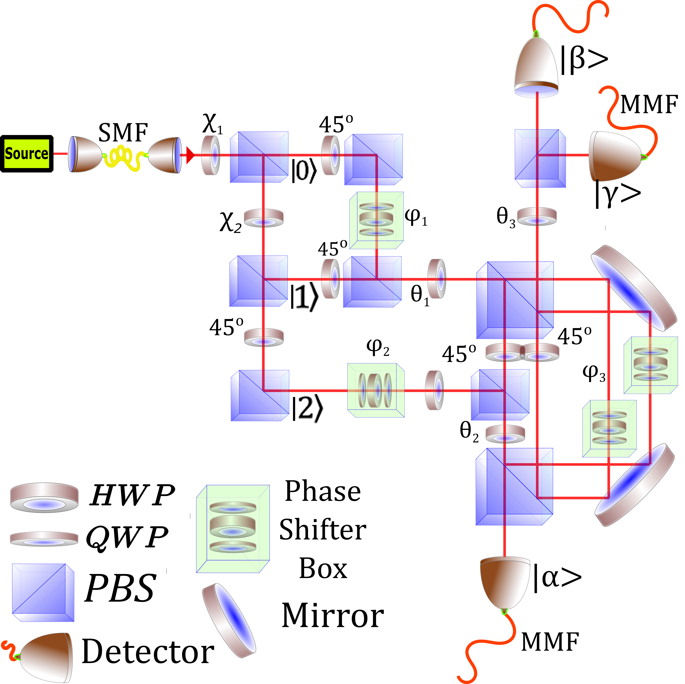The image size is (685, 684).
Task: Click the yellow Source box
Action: pyautogui.click(x=27, y=154)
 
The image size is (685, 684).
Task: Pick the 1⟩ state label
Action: pyautogui.click(x=307, y=297)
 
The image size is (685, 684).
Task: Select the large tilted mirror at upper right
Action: pyautogui.click(x=634, y=288)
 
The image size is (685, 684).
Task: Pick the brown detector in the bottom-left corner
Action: pyautogui.click(x=46, y=657)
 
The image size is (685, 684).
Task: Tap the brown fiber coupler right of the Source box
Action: pyautogui.click(x=85, y=154)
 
